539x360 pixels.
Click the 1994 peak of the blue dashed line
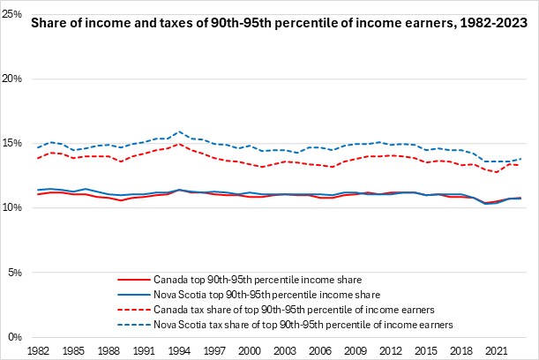(180, 131)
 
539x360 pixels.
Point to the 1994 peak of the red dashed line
(180, 144)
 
